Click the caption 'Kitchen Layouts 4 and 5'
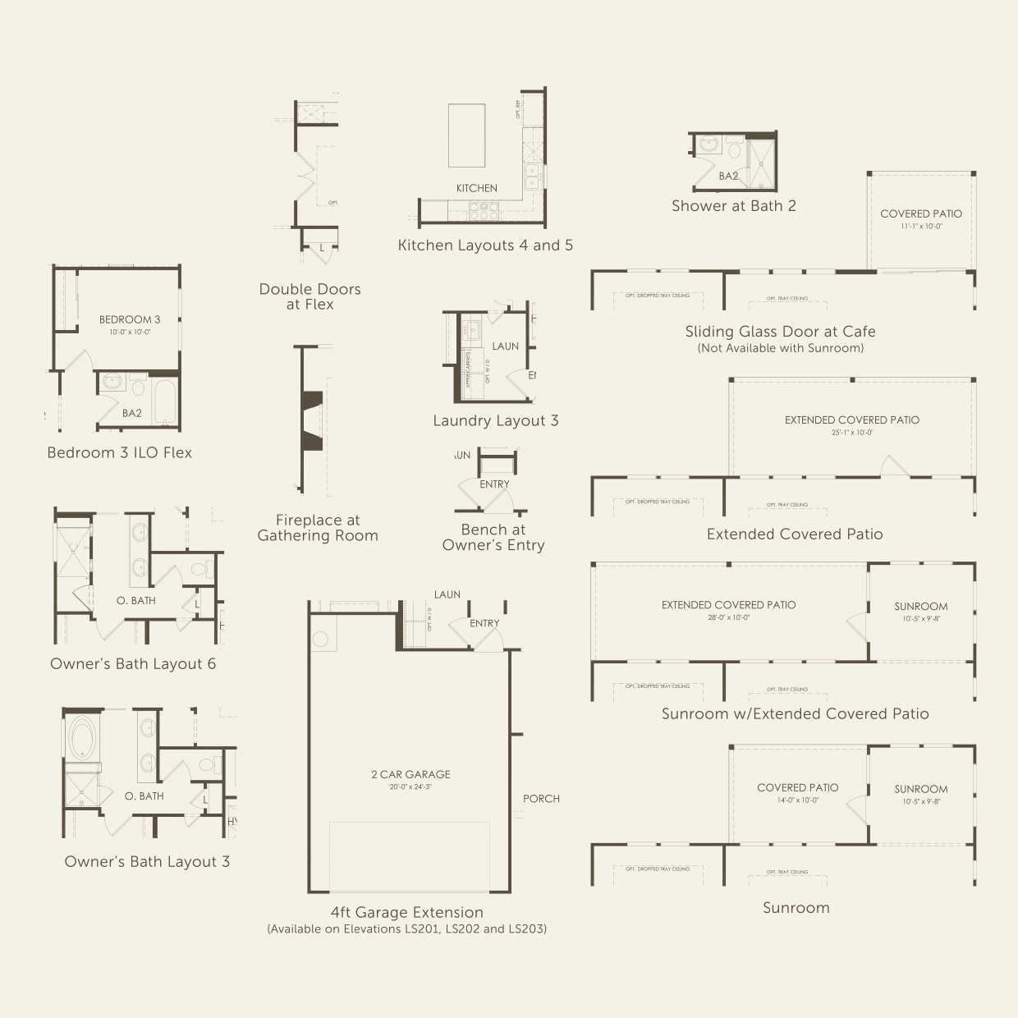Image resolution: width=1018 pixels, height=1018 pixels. click(485, 245)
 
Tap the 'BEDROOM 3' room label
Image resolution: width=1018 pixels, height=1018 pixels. click(130, 319)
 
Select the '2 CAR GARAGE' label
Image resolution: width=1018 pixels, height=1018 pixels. click(410, 774)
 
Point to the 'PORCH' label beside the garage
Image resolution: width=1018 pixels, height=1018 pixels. click(541, 799)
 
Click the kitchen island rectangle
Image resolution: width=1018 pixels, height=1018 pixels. click(466, 135)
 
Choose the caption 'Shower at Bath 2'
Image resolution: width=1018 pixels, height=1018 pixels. click(733, 206)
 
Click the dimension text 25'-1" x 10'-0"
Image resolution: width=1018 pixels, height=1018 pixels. click(851, 433)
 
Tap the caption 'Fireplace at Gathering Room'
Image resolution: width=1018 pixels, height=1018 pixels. click(318, 528)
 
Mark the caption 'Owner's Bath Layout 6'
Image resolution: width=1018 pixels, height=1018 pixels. click(133, 664)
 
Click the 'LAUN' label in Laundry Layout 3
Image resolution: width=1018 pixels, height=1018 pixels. click(505, 346)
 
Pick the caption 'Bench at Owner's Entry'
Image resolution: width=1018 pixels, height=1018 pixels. click(493, 538)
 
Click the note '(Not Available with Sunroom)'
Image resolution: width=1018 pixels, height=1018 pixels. click(780, 348)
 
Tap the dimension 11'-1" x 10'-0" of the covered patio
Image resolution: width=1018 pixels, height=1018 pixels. click(920, 226)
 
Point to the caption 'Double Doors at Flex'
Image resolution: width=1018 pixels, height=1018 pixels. click(310, 296)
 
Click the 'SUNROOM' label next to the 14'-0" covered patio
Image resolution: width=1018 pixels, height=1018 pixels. click(920, 789)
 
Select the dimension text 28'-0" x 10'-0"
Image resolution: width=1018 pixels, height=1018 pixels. click(728, 617)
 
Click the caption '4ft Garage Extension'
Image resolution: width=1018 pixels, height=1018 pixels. click(406, 913)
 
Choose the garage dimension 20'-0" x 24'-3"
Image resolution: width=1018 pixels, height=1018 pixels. click(410, 787)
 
